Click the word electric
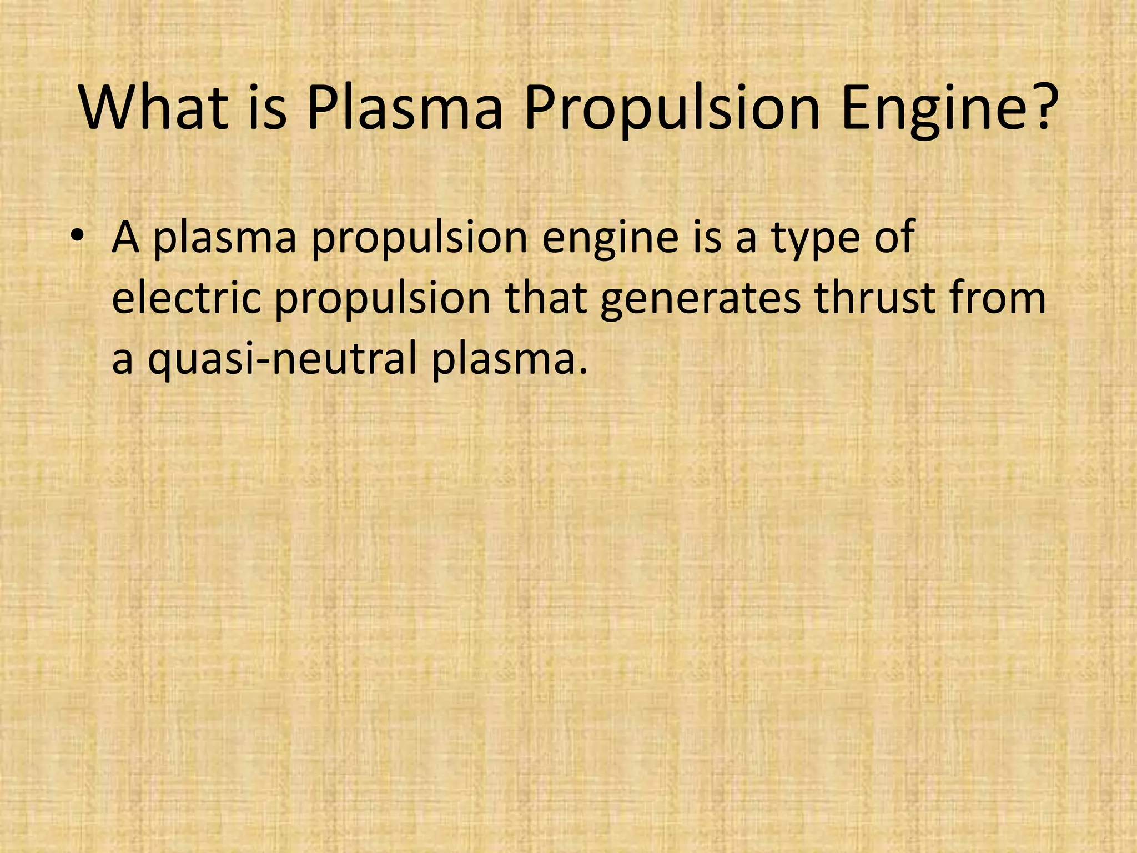point(186,298)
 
